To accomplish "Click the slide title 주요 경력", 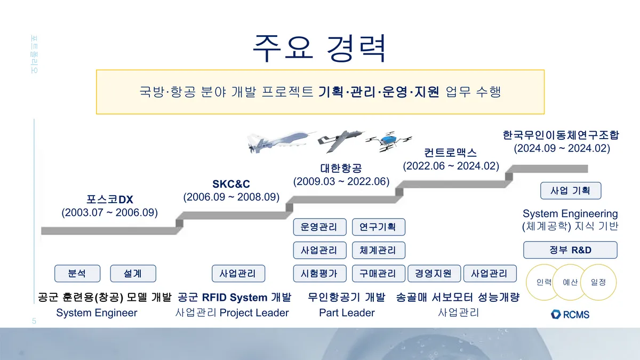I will (x=319, y=49).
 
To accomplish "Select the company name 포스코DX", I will (x=110, y=199).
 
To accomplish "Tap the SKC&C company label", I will (x=231, y=184).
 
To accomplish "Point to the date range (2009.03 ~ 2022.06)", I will (x=341, y=181).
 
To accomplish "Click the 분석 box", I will (x=77, y=274).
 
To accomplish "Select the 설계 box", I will (x=132, y=274).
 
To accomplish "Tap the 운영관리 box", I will (x=319, y=227).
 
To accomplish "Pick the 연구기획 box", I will (x=378, y=227).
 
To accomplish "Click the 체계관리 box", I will (x=378, y=250).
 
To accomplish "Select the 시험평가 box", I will (x=319, y=274).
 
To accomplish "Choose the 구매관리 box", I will (x=378, y=274).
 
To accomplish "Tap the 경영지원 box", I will (x=434, y=274).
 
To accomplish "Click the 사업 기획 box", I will (x=570, y=190).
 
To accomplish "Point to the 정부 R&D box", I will (x=570, y=250).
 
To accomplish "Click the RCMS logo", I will (x=570, y=314).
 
